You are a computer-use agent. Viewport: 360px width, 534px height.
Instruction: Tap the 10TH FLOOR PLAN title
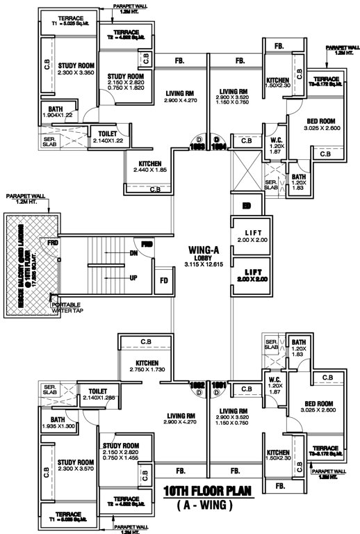tap(208, 492)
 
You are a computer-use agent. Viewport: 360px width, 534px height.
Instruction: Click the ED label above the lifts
tap(246, 206)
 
